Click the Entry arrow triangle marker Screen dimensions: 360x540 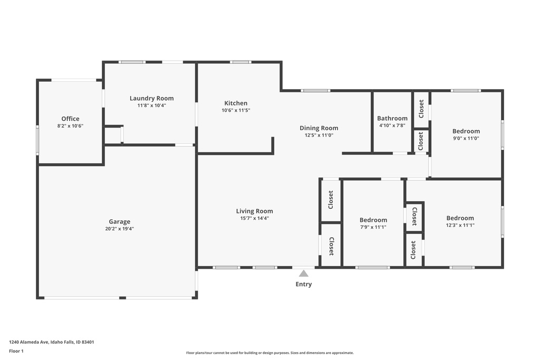point(304,273)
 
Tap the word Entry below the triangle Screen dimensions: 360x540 point(304,284)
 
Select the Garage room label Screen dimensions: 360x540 point(120,221)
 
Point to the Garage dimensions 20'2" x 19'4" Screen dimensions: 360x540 point(120,229)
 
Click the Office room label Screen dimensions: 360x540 point(70,119)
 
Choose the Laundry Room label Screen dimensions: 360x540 point(151,98)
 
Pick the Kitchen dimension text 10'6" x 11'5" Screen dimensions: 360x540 point(236,111)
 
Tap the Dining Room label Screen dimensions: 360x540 point(319,128)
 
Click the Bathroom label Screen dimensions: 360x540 point(392,118)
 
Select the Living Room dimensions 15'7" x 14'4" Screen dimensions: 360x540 point(254,218)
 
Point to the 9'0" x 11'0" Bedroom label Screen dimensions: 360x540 point(466,131)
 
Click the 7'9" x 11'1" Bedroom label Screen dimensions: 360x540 point(373,220)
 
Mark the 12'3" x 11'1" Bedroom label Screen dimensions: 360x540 point(460,218)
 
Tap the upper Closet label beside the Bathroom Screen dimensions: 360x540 point(421,109)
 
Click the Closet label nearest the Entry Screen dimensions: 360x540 point(331,246)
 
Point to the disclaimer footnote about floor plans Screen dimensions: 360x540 point(269,353)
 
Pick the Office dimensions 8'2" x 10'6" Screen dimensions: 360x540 point(70,126)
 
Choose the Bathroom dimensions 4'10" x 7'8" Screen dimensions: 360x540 point(392,125)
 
